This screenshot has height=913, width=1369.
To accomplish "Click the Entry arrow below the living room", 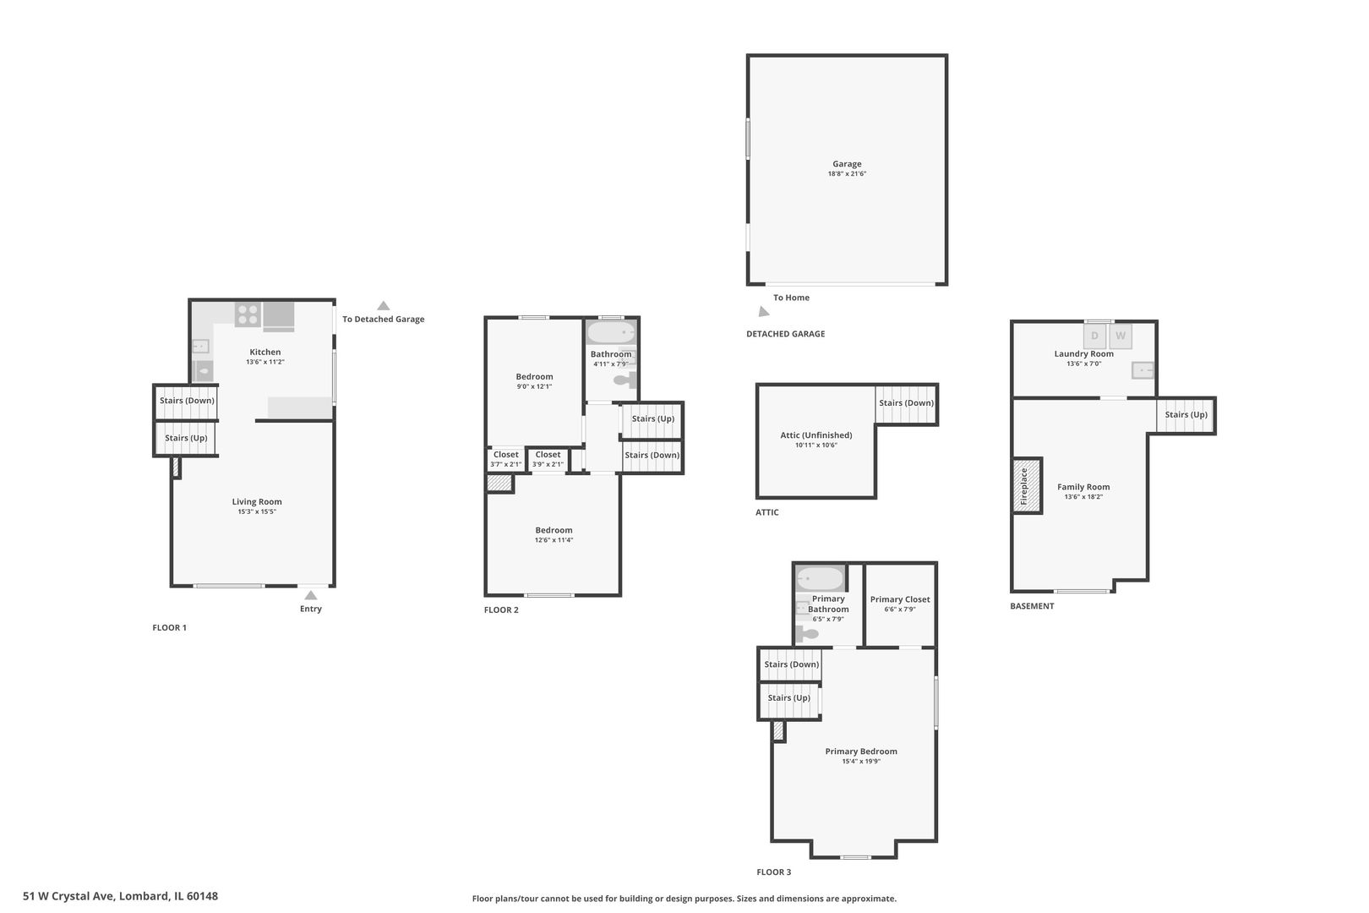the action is [x=310, y=595].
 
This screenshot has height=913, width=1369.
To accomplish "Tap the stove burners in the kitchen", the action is [x=248, y=315].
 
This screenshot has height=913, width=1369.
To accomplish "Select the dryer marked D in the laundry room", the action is [x=1094, y=336].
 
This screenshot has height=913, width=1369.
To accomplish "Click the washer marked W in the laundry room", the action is [x=1121, y=336].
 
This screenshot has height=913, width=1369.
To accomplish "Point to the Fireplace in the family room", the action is [x=1027, y=486].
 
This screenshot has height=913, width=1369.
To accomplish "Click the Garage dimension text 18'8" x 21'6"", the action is [x=847, y=173].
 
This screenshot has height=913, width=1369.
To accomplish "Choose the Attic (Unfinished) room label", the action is [x=815, y=435].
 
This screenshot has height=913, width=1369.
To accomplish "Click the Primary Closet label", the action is [x=900, y=599].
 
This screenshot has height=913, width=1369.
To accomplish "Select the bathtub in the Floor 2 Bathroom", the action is [x=611, y=333].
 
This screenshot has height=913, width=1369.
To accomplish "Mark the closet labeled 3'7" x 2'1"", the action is [x=505, y=459].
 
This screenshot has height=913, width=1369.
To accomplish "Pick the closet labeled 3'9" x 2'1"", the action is [x=548, y=459].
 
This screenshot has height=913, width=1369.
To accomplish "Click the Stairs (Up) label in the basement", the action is [x=1186, y=414].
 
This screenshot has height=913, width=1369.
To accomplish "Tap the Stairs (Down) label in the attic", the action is [x=907, y=402].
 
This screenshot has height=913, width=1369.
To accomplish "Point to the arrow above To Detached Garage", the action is [x=383, y=306].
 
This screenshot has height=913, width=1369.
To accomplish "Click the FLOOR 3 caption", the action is [x=774, y=872].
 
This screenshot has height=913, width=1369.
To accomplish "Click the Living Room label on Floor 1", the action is [x=257, y=501].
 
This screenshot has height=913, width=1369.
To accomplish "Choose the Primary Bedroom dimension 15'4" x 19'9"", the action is [x=861, y=762].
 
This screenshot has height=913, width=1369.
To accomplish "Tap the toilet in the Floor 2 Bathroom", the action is [x=624, y=380].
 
